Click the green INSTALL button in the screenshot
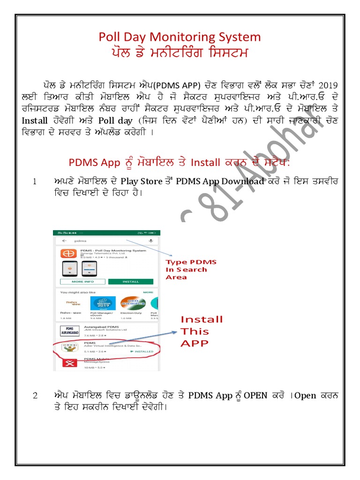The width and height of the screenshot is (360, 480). (131, 282)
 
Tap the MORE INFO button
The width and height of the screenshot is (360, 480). (83, 282)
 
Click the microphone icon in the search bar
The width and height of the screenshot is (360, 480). (151, 240)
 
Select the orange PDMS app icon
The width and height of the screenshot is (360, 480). (68, 253)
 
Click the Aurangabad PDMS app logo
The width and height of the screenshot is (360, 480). (69, 330)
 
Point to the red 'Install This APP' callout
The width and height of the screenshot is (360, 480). (202, 331)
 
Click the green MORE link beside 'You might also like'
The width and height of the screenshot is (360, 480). (148, 292)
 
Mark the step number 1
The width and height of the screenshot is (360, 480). (35, 181)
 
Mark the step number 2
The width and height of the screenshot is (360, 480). (35, 396)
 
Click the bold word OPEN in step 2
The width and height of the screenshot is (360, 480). (255, 396)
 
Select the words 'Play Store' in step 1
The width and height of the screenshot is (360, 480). (137, 181)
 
